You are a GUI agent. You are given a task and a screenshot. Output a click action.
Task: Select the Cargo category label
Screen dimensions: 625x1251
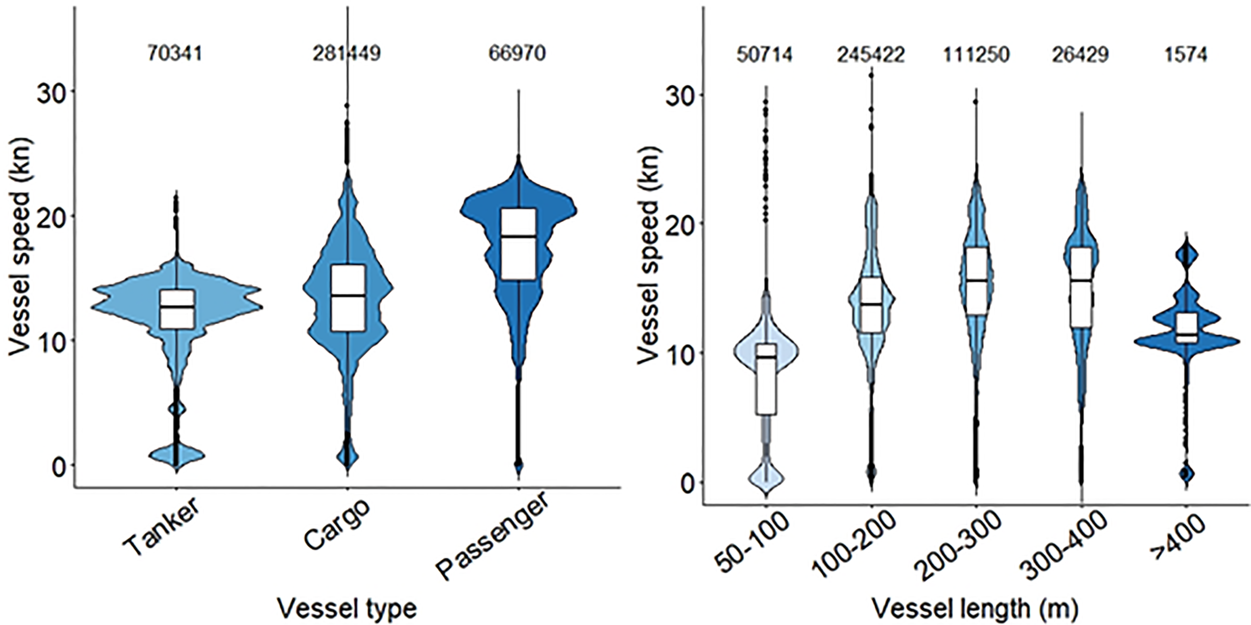tap(337, 524)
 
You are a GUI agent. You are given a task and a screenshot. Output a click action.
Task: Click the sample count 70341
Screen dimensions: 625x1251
tap(175, 53)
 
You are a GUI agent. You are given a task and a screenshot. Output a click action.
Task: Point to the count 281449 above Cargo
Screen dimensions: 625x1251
tap(347, 53)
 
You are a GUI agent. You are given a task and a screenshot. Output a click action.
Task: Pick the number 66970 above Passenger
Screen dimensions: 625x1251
tap(517, 53)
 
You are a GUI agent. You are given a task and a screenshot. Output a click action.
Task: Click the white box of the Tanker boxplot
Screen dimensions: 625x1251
tap(177, 309)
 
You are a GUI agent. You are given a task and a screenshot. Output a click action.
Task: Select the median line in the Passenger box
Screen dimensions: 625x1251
tap(518, 236)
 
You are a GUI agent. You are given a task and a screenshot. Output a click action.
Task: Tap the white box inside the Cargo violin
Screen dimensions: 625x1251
tap(348, 297)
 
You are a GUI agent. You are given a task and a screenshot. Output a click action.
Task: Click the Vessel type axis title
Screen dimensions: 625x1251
tap(347, 609)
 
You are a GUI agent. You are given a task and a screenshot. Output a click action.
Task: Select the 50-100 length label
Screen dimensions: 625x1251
tap(752, 549)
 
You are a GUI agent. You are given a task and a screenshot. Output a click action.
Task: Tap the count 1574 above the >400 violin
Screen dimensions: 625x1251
tap(1186, 54)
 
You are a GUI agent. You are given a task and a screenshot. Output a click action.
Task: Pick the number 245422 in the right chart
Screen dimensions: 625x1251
tap(871, 54)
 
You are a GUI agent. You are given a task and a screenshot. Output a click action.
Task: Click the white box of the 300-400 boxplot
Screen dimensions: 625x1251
tap(1081, 287)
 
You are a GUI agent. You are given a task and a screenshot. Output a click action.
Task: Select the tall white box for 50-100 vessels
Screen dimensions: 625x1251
tap(766, 379)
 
